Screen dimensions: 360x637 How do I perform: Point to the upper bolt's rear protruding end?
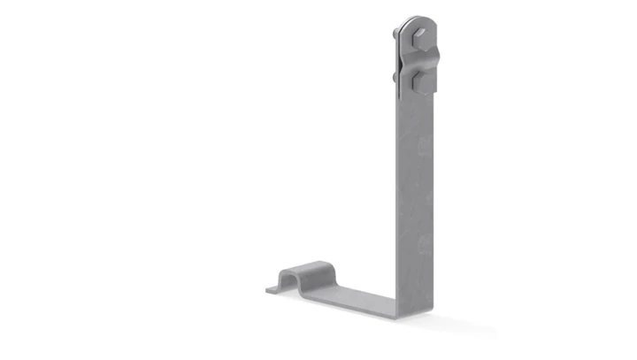point(392,34)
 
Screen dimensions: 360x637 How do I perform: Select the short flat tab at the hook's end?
point(271,287)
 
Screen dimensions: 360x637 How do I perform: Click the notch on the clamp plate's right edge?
point(434,62)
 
